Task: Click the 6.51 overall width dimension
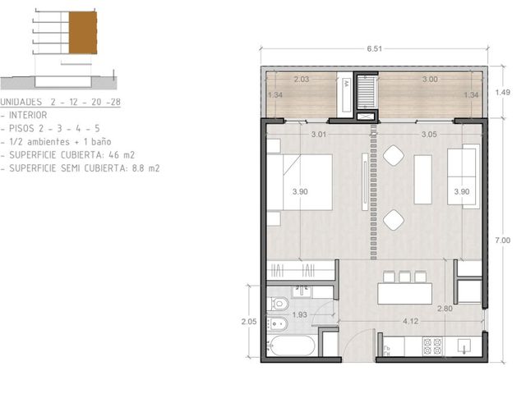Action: (x=374, y=49)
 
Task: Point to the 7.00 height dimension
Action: (x=502, y=241)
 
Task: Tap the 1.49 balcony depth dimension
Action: (x=502, y=92)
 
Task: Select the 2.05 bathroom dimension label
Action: (x=248, y=322)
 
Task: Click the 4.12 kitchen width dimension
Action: (x=411, y=321)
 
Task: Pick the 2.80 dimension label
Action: (x=445, y=309)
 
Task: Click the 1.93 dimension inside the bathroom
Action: (x=299, y=315)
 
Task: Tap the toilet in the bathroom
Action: (x=278, y=304)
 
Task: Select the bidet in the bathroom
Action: (x=278, y=324)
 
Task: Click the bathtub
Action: (x=292, y=346)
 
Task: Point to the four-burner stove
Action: (x=432, y=346)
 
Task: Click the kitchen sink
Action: (x=464, y=346)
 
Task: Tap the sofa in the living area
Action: (x=464, y=176)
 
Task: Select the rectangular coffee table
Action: (x=422, y=179)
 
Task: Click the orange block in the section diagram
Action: (x=83, y=33)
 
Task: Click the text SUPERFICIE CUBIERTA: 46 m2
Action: (x=72, y=155)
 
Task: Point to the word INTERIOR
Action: (x=28, y=115)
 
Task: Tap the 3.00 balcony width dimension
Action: (x=430, y=80)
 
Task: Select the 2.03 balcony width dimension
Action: (x=302, y=80)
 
